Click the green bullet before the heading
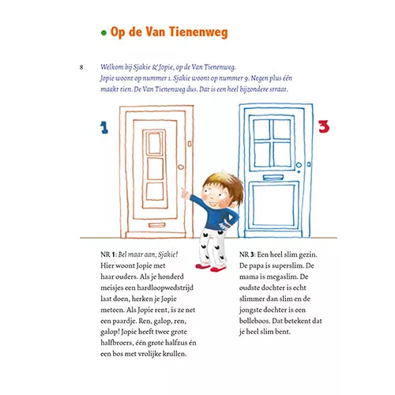pos(103,33)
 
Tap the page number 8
pos(81,67)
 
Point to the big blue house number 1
pos(104,127)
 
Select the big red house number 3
pos(324,126)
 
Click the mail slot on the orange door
pos(156,225)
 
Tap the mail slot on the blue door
pos(273,178)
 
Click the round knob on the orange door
pos(181,167)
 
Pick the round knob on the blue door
pos(299,165)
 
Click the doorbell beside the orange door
pos(190,144)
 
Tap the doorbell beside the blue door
pos(309,164)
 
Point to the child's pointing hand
pos(186,194)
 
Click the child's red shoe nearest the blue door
pos(218,269)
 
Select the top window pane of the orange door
pos(155,143)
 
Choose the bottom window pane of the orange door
pos(155,191)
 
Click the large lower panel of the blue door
pos(273,205)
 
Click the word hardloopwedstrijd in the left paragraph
pos(165,288)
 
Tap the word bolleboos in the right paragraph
pos(254,321)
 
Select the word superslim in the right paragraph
pos(288,266)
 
